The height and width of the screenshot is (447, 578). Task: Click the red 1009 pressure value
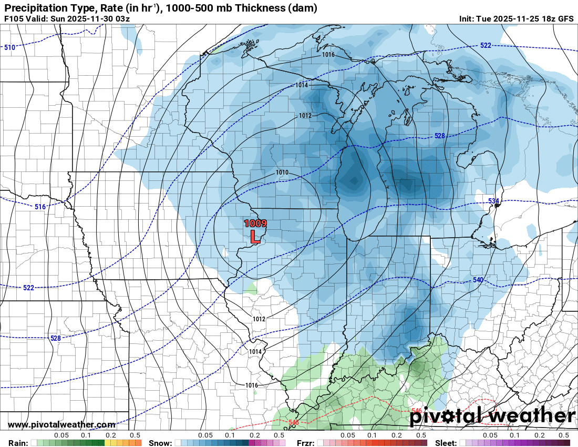pyautogui.click(x=255, y=223)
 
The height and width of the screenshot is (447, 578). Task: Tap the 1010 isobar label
pyautogui.click(x=282, y=172)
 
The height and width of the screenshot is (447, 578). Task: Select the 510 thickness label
pyautogui.click(x=9, y=48)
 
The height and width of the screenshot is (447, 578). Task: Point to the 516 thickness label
pyautogui.click(x=40, y=207)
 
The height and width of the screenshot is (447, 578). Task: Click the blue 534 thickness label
pyautogui.click(x=493, y=201)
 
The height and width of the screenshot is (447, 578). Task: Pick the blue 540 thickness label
pyautogui.click(x=478, y=280)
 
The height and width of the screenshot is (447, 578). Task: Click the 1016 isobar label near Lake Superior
pyautogui.click(x=328, y=55)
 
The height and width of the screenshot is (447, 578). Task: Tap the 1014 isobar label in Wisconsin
pyautogui.click(x=301, y=85)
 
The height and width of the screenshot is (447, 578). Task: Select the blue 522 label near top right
pyautogui.click(x=486, y=46)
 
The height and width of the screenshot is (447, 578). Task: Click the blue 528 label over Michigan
pyautogui.click(x=440, y=136)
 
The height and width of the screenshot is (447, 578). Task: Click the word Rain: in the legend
pyautogui.click(x=17, y=443)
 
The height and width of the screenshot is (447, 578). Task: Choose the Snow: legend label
pyautogui.click(x=160, y=443)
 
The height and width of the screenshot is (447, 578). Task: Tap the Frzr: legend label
pyautogui.click(x=307, y=443)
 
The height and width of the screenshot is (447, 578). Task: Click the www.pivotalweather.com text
pyautogui.click(x=61, y=425)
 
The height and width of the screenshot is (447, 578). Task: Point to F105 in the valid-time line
pyautogui.click(x=14, y=19)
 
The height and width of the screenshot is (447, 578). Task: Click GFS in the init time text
pyautogui.click(x=565, y=19)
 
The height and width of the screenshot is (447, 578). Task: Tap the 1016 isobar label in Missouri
pyautogui.click(x=252, y=385)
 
